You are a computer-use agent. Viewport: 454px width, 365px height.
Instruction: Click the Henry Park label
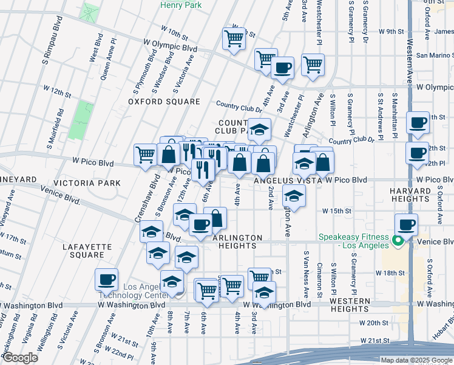tap(180, 5)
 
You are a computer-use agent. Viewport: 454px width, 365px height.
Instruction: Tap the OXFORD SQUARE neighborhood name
tap(164, 102)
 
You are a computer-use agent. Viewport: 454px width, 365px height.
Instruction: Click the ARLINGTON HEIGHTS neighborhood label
tap(237, 242)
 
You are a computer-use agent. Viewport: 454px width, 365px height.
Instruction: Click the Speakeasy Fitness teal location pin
tap(398, 242)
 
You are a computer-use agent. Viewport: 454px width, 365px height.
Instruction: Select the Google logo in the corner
tap(20, 358)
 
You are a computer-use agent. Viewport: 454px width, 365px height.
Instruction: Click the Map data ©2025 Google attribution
tap(416, 360)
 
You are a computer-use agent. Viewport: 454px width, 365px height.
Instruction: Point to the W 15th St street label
tap(337, 210)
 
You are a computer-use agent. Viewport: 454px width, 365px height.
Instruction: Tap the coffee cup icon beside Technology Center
tap(106, 279)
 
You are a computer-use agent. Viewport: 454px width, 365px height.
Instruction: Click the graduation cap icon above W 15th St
tap(294, 196)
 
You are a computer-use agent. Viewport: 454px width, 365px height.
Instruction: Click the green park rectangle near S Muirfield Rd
tap(80, 119)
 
